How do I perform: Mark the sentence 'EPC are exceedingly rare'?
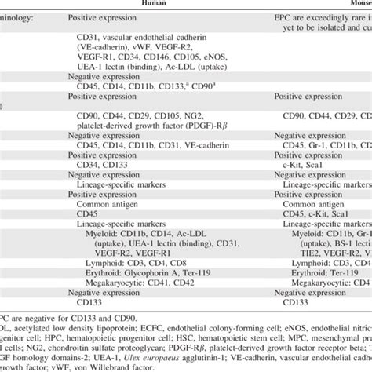322,16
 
